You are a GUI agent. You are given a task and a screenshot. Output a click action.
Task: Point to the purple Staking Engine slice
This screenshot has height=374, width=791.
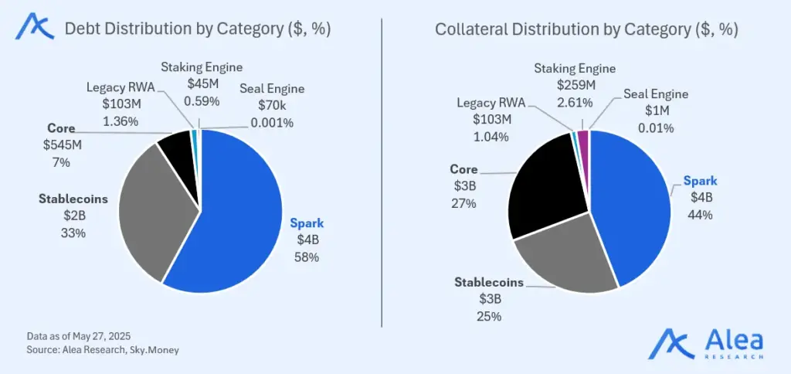pos(583,137)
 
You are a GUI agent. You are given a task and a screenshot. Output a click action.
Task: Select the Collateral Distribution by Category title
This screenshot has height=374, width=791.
pos(586,29)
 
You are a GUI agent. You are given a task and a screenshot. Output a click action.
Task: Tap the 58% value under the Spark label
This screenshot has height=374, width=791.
pos(307,257)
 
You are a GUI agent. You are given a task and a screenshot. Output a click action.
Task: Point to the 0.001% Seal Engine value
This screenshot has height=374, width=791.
pos(272,122)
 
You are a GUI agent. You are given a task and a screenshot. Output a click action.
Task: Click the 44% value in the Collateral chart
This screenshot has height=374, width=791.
pos(701,214)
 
